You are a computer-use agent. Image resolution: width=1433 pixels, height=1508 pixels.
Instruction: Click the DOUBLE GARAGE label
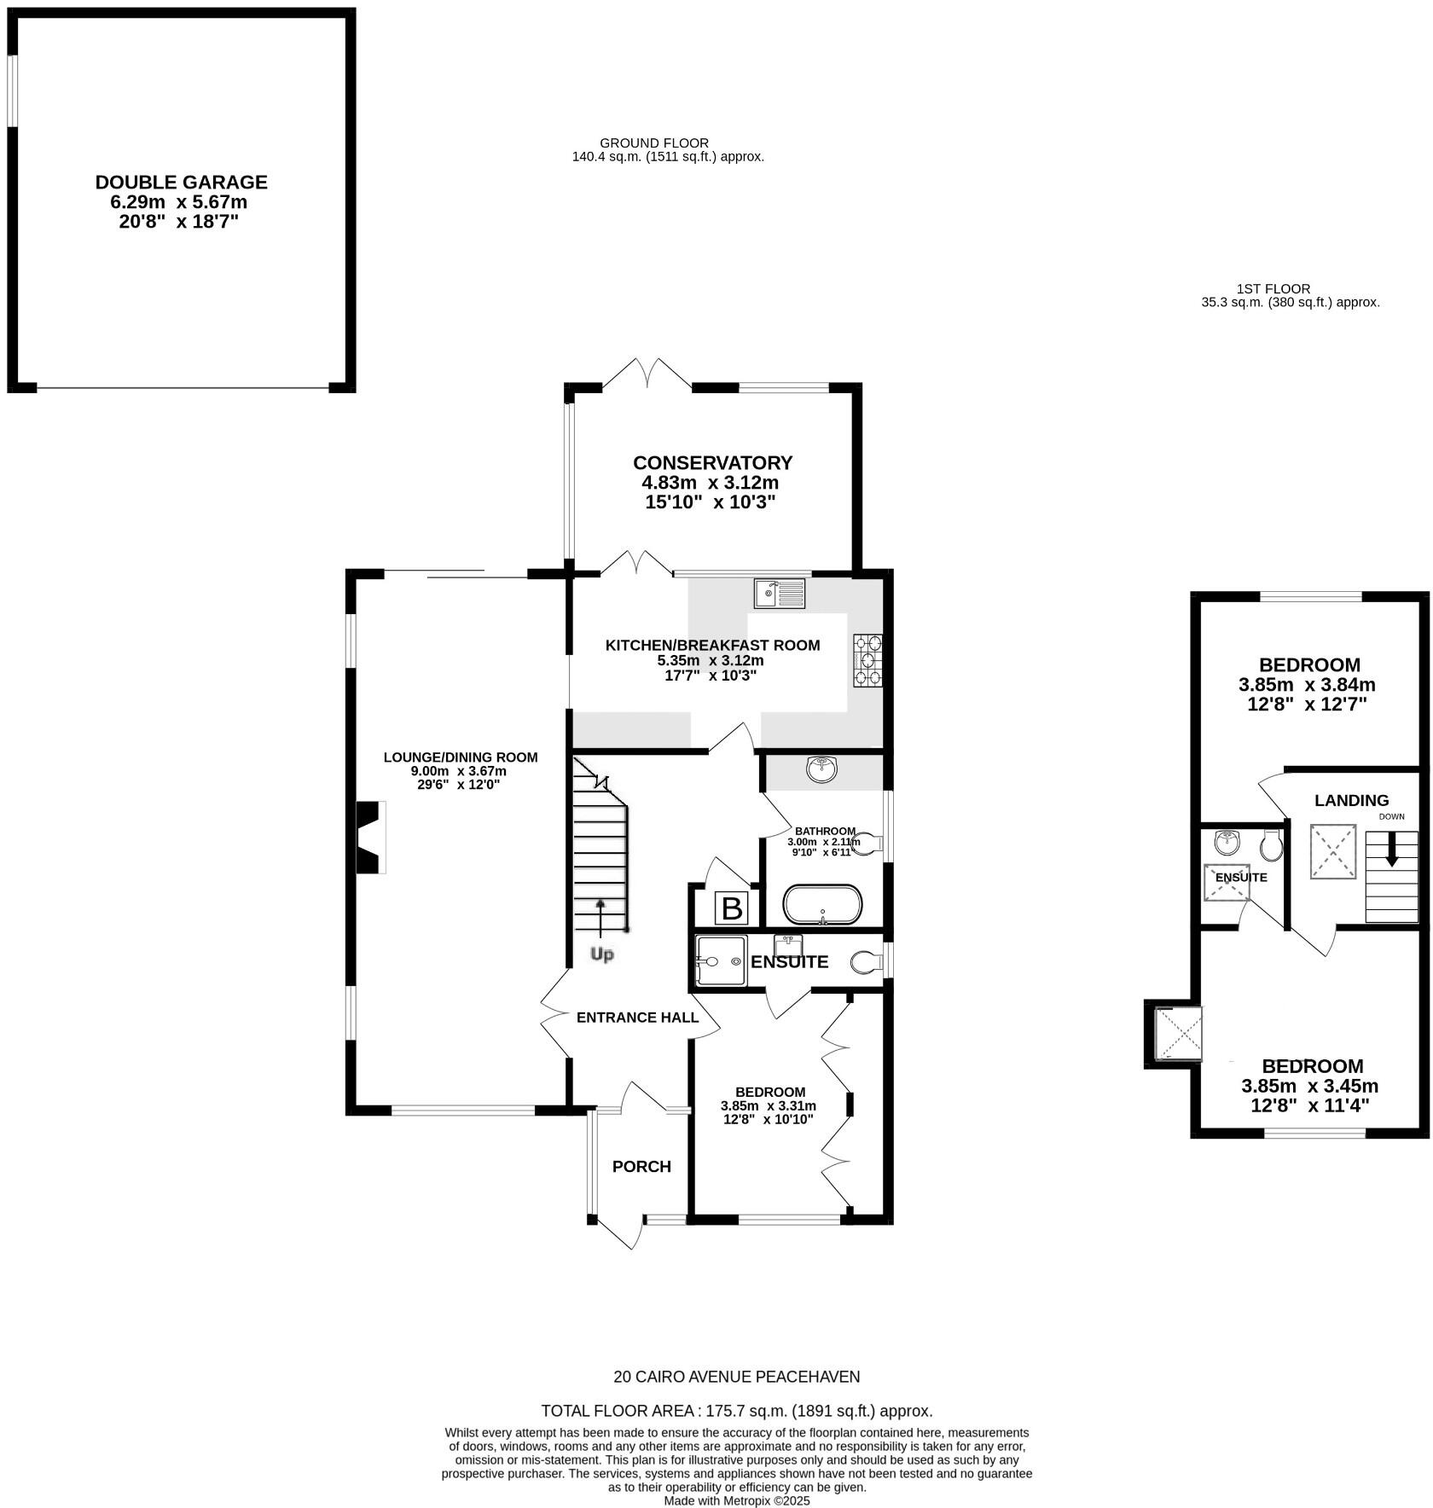(x=181, y=183)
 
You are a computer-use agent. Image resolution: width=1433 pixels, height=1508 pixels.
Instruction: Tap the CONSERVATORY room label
(x=712, y=463)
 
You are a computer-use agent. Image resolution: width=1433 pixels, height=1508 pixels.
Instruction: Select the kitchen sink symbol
(x=779, y=593)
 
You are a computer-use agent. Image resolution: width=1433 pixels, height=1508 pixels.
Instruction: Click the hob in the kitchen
(x=867, y=660)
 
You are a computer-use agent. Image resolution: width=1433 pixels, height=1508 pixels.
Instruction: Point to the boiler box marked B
(x=732, y=908)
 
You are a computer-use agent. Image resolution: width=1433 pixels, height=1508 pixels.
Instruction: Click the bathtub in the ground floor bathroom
(x=822, y=906)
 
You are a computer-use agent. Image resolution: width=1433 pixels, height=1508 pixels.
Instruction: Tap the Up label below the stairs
(x=602, y=954)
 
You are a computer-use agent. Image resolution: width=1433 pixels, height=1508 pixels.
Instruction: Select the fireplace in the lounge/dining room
(x=370, y=837)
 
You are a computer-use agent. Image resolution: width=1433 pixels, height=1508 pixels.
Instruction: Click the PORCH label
(x=641, y=1167)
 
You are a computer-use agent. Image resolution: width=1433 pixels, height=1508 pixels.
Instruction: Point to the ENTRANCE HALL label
(x=637, y=1018)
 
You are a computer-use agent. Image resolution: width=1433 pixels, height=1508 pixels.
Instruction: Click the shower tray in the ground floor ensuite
(x=721, y=961)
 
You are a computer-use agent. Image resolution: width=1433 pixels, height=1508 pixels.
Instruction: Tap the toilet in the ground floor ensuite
(x=866, y=963)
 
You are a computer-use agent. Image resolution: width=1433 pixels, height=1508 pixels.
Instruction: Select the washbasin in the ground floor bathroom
(x=821, y=769)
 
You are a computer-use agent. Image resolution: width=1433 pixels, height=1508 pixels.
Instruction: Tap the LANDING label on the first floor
(x=1351, y=801)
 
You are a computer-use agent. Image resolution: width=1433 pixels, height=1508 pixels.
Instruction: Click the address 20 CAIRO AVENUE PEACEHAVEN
(x=736, y=1377)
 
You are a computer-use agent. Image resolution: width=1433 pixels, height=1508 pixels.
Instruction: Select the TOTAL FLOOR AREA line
(x=736, y=1411)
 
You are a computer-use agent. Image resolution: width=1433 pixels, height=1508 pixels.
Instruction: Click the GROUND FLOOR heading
(x=654, y=143)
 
